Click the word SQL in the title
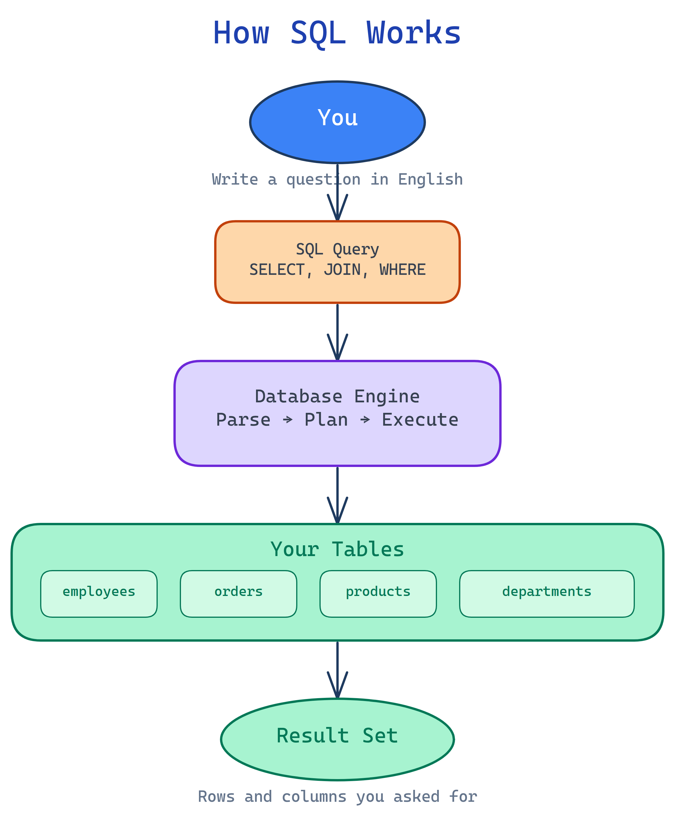[x=318, y=33]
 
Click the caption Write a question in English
[x=337, y=179]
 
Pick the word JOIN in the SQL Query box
[x=342, y=270]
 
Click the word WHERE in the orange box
[x=402, y=270]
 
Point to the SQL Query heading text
[x=337, y=249]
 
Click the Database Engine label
[x=337, y=397]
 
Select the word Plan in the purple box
[x=326, y=420]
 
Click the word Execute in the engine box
[x=420, y=420]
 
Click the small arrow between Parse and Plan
[x=287, y=420]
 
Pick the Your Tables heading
[x=337, y=549]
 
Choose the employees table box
[x=99, y=594]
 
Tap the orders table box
[x=238, y=594]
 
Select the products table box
[x=378, y=594]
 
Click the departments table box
[x=547, y=594]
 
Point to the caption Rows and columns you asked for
[x=337, y=797]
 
